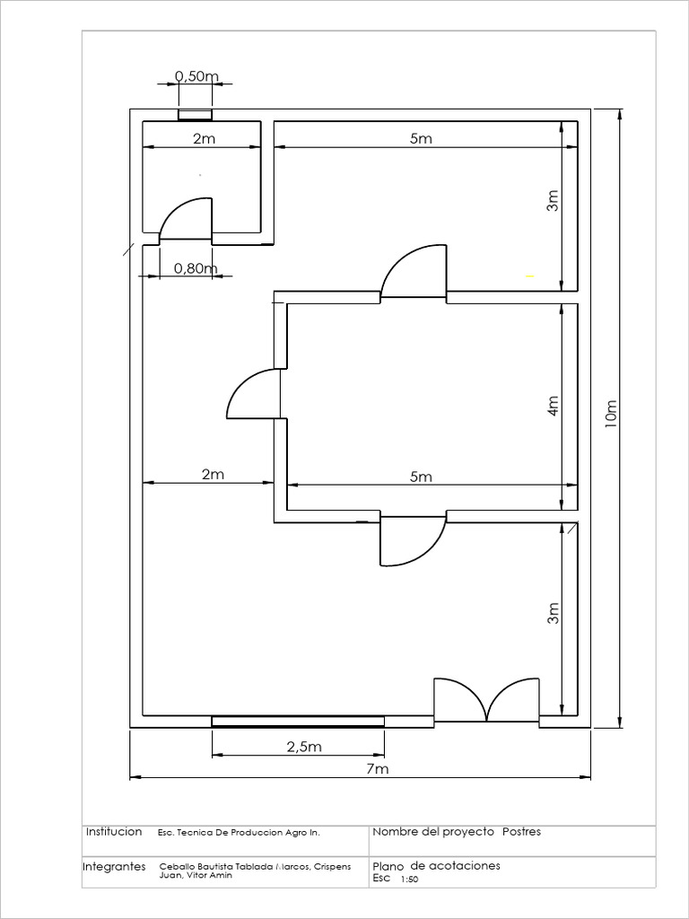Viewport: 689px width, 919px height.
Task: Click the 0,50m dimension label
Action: pyautogui.click(x=196, y=76)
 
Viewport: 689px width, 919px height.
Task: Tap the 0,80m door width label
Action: pyautogui.click(x=196, y=268)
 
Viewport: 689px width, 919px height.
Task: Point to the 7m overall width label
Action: pyautogui.click(x=378, y=769)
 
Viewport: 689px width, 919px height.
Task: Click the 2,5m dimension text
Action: pyautogui.click(x=304, y=747)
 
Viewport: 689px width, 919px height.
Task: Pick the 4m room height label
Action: pyautogui.click(x=554, y=406)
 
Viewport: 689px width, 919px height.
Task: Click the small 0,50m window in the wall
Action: pyautogui.click(x=195, y=115)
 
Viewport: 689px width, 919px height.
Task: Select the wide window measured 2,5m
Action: pyautogui.click(x=298, y=722)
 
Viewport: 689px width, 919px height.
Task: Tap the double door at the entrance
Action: pyautogui.click(x=486, y=700)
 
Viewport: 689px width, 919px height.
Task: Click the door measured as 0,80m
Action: pyautogui.click(x=186, y=220)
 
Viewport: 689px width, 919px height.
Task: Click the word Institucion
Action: pyautogui.click(x=114, y=832)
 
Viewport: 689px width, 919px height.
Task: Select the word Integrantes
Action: pyautogui.click(x=114, y=867)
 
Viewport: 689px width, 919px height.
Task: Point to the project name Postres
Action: pyautogui.click(x=521, y=832)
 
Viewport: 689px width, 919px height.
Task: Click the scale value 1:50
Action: pyautogui.click(x=409, y=880)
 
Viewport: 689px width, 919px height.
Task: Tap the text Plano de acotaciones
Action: pyautogui.click(x=437, y=866)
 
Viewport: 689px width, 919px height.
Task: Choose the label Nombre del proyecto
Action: pyautogui.click(x=433, y=832)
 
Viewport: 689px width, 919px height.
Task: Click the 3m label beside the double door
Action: pyautogui.click(x=554, y=614)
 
